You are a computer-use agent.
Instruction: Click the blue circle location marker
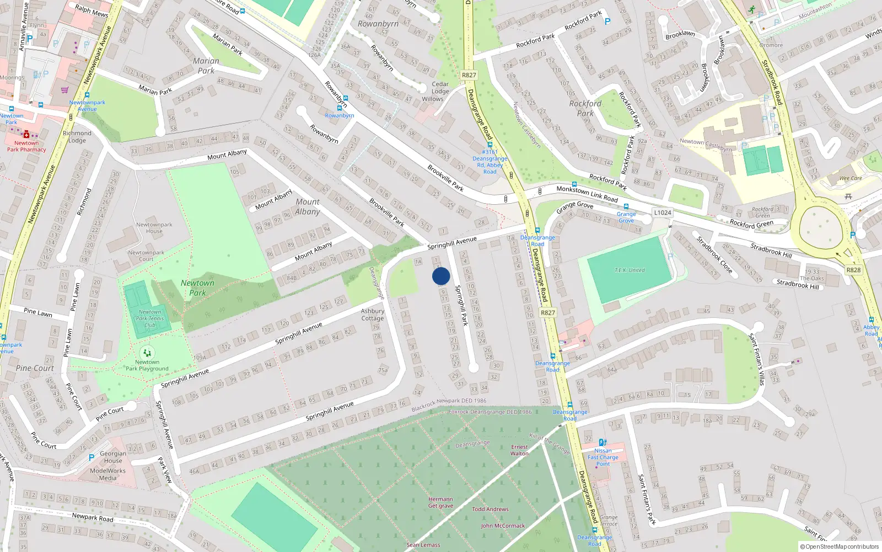[x=441, y=276]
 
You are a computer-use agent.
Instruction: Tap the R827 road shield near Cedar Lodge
[x=469, y=75]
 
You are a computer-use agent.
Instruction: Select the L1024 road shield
[x=662, y=213]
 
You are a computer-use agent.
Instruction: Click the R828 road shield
[x=853, y=270]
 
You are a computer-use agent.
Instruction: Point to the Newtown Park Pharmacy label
[x=26, y=146]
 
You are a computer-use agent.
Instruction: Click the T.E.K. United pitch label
[x=630, y=270]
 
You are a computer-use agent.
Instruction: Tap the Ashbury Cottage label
[x=373, y=315]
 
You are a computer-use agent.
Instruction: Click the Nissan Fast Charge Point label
[x=603, y=457]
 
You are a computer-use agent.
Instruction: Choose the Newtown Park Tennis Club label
[x=150, y=319]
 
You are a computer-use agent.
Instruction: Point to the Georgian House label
[x=113, y=457]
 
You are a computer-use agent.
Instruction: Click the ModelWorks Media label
[x=107, y=475]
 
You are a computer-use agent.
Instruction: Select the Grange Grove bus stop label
[x=626, y=217]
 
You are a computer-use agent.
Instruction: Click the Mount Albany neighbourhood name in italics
[x=308, y=206]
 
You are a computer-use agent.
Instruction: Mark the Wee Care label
[x=850, y=178]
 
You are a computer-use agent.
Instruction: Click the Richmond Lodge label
[x=77, y=136]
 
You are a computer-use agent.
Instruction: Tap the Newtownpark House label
[x=154, y=227]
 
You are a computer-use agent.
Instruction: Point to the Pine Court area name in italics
[x=35, y=368]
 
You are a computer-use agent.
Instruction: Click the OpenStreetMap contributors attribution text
[x=839, y=546]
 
